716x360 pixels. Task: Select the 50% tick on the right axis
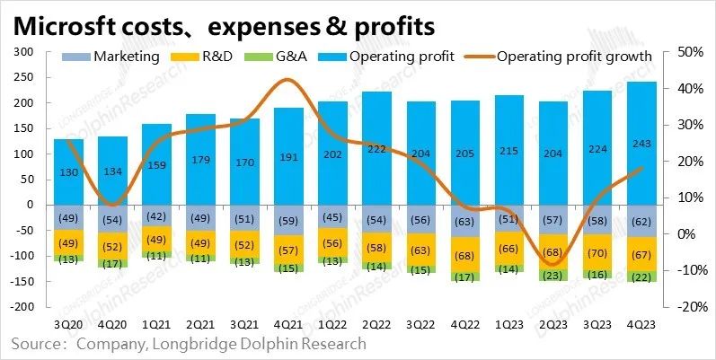[684, 52]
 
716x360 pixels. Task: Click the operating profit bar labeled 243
[641, 144]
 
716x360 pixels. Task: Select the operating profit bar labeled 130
[69, 171]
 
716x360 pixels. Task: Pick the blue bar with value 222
[376, 148]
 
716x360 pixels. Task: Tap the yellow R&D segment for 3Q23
[597, 252]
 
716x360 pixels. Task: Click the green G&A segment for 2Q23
[552, 276]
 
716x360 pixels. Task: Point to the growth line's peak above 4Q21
[286, 80]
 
